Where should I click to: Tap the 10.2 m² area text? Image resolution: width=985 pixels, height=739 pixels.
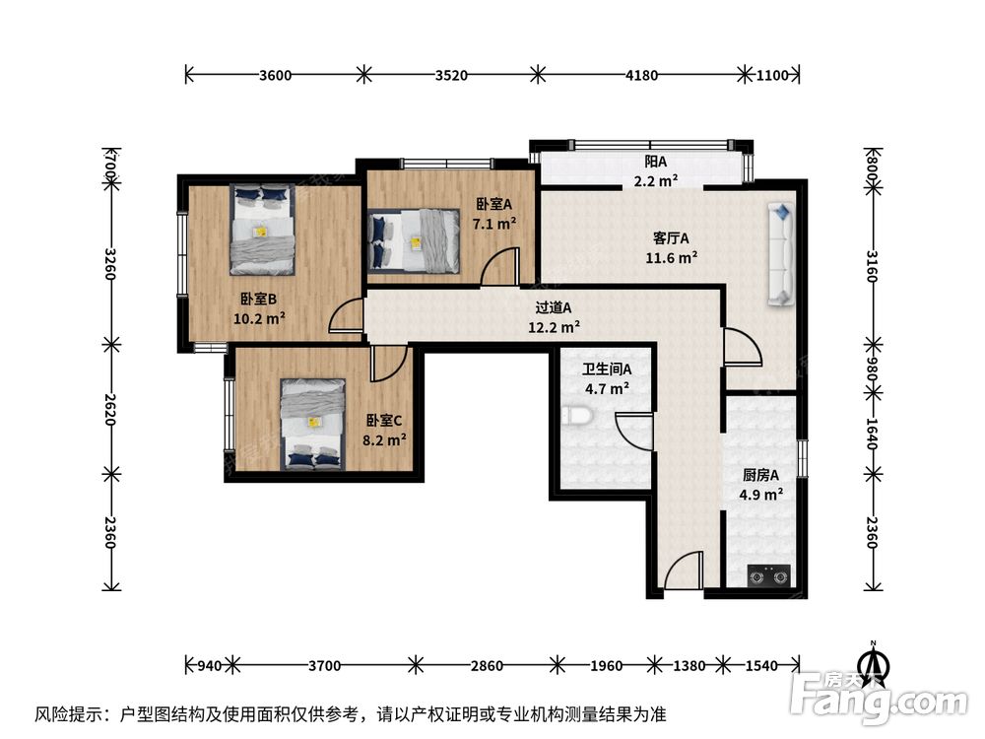(259, 318)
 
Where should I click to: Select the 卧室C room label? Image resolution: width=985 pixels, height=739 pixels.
(383, 420)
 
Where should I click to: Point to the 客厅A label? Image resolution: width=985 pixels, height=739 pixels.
(671, 237)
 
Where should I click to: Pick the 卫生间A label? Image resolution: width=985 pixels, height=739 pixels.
(607, 369)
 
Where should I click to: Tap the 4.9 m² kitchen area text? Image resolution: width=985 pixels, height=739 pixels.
(761, 495)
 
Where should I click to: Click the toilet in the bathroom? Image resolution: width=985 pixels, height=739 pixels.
(580, 417)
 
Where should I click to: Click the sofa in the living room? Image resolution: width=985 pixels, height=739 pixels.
(780, 252)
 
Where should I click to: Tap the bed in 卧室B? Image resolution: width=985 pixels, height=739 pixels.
(262, 230)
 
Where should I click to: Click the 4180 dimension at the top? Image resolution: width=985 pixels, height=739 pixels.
(641, 74)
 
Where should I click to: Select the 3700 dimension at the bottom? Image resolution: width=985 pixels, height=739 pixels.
(324, 666)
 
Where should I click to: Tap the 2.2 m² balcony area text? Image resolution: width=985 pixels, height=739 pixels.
(656, 180)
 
